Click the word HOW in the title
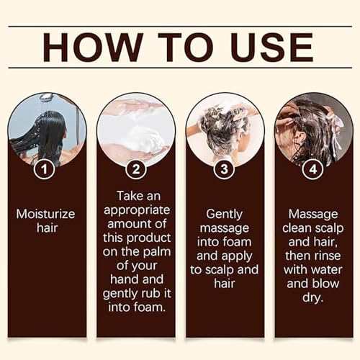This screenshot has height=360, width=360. (91, 46)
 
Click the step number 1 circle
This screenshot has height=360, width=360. (45, 170)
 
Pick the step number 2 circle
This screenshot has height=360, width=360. (135, 170)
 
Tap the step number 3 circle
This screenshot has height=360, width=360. (224, 170)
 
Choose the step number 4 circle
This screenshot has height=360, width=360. (313, 170)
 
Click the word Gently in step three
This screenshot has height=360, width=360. (224, 214)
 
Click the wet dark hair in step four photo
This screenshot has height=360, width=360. (306, 130)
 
